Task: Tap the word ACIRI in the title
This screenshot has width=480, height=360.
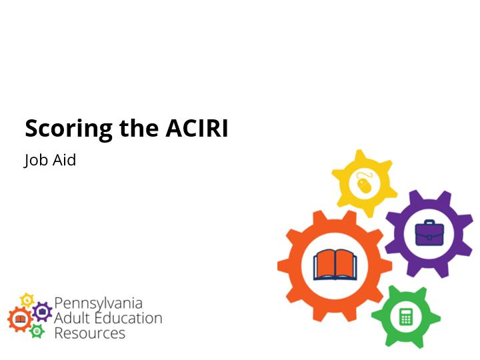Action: point(197,128)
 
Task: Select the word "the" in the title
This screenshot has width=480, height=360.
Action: point(139,128)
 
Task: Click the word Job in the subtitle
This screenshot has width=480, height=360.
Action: point(35,160)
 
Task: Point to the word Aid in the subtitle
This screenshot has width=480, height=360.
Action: point(64,160)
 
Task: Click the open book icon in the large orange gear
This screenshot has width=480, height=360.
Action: point(335,265)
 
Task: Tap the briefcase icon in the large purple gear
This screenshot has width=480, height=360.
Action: point(429,233)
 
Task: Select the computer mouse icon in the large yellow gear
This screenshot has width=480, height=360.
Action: point(364,183)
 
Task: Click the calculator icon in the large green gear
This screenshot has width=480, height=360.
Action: point(406,317)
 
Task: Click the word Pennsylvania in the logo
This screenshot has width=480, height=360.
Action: point(98,304)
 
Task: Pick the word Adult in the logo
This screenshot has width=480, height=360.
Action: point(72,318)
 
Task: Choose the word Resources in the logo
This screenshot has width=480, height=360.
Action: point(90,333)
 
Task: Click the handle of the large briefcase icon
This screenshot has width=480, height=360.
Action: point(429,221)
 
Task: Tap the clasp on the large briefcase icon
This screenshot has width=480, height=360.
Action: point(429,237)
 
